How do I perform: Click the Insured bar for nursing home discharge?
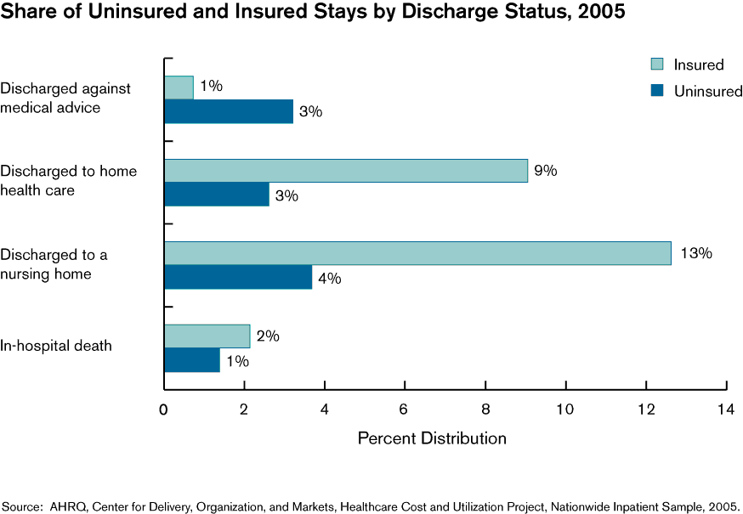[x=417, y=253]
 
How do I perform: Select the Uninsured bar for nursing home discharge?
[x=238, y=278]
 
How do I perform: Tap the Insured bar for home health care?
[x=346, y=171]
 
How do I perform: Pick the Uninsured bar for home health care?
[x=217, y=195]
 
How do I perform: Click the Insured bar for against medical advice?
[x=179, y=88]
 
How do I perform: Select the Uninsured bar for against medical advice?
[x=229, y=111]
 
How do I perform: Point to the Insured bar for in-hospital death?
[x=207, y=336]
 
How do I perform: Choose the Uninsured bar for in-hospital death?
[x=192, y=360]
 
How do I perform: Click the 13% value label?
[x=695, y=253]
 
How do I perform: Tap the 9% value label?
[x=545, y=171]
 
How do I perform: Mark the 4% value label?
[x=329, y=278]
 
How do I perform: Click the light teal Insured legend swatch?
[x=657, y=65]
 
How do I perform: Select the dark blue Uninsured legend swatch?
[x=657, y=91]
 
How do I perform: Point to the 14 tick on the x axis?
[x=726, y=409]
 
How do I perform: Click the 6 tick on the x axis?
[x=405, y=409]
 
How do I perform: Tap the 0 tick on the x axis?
[x=164, y=409]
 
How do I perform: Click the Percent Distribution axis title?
[x=432, y=438]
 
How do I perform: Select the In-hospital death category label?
[x=56, y=346]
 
